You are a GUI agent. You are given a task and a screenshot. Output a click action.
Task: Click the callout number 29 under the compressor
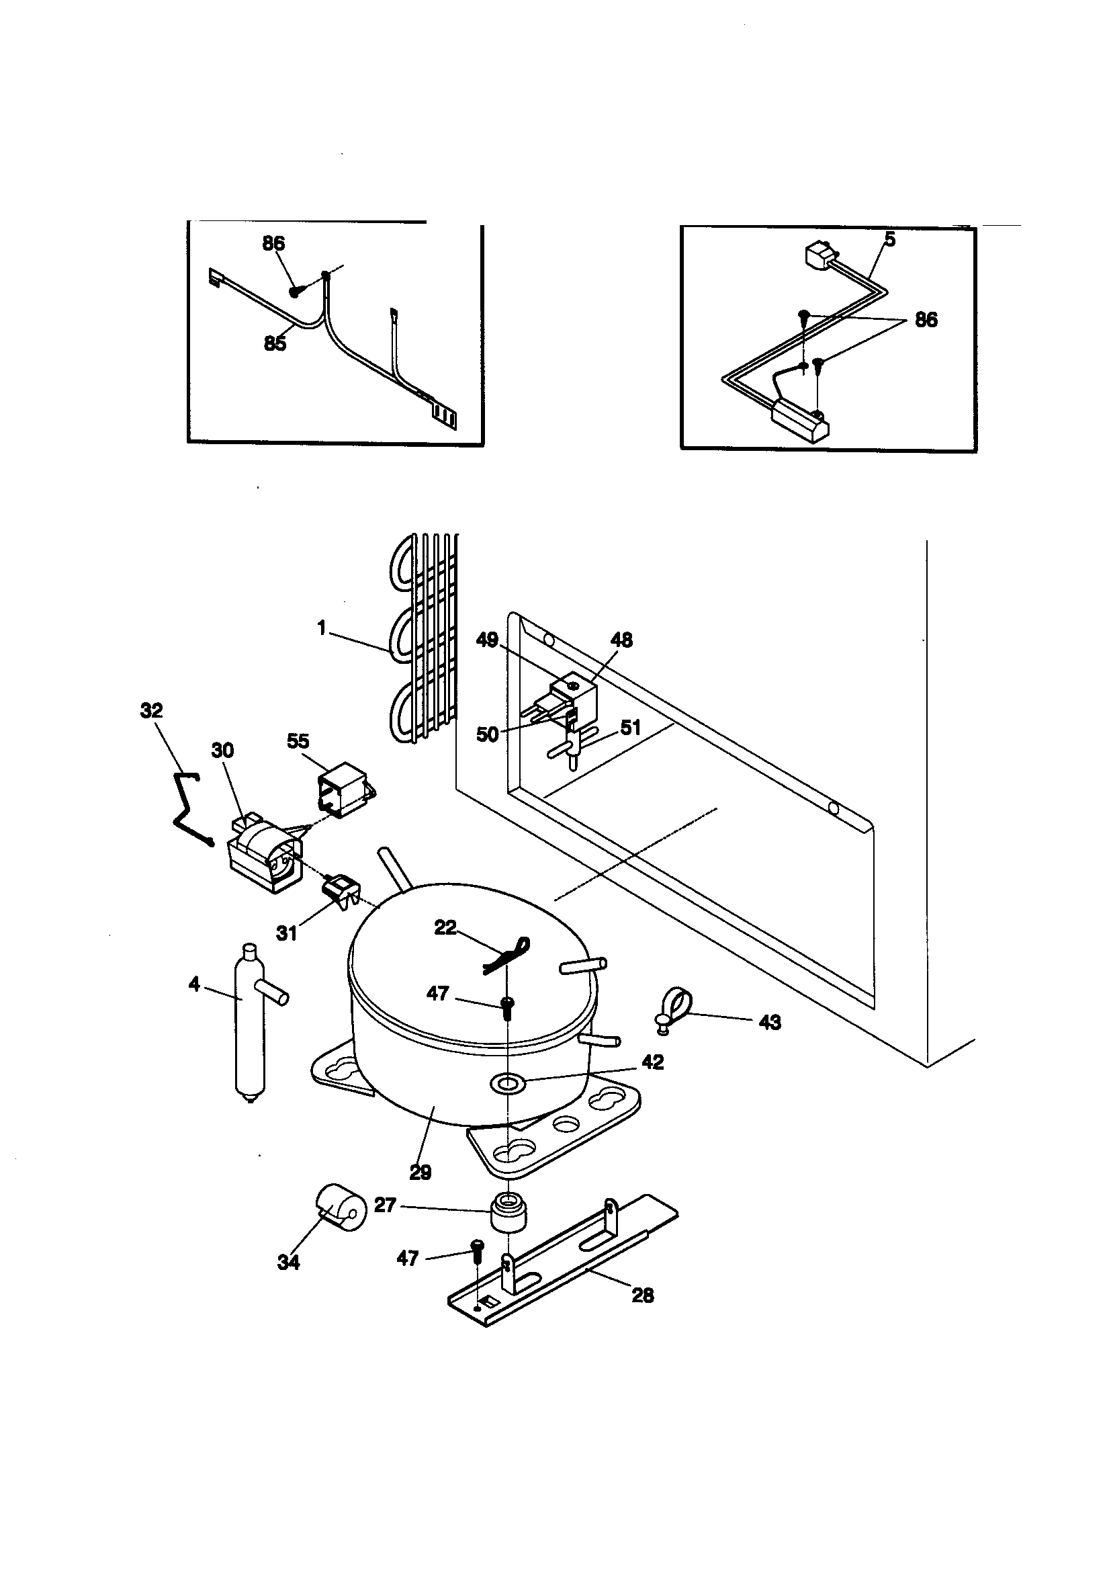point(420,1172)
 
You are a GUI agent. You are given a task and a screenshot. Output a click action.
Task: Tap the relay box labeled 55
point(342,789)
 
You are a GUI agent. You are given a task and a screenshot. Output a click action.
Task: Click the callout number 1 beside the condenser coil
point(322,628)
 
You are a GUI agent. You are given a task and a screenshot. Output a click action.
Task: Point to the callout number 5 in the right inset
point(890,239)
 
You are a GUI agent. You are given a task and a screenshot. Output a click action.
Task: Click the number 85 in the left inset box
point(275,343)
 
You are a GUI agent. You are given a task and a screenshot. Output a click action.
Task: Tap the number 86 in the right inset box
point(926,320)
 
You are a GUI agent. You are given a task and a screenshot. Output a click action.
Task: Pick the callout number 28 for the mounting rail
point(642,1296)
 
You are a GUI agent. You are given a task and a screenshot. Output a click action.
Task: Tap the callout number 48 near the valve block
point(621,640)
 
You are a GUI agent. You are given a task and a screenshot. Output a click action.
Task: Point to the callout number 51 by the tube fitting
point(630,727)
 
